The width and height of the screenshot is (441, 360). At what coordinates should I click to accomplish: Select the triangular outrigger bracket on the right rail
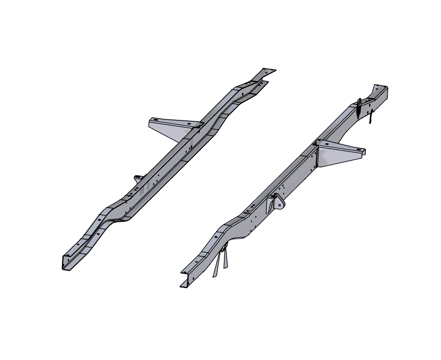pyautogui.click(x=337, y=154)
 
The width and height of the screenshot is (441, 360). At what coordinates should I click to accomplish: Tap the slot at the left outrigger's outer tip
pyautogui.click(x=155, y=120)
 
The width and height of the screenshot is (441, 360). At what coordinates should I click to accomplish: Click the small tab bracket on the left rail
pyautogui.click(x=138, y=178)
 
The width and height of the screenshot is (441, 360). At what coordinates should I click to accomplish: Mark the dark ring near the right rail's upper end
pyautogui.click(x=359, y=102)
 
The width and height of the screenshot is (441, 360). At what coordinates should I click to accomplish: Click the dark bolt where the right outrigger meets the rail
pyautogui.click(x=315, y=144)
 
